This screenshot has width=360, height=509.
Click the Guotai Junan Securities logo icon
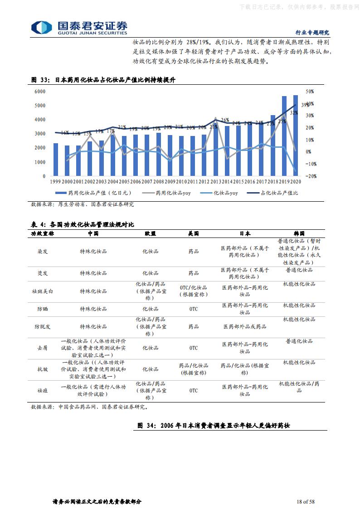[41, 27]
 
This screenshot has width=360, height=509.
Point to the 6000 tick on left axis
[40, 91]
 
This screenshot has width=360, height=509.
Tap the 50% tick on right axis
[310, 91]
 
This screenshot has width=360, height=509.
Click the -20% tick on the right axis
[311, 176]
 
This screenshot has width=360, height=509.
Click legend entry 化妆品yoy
[222, 193]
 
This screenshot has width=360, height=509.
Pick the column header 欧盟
[150, 233]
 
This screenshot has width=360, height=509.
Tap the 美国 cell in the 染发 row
[194, 251]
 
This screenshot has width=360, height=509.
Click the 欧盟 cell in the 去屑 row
[150, 348]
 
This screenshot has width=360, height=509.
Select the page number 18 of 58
[305, 501]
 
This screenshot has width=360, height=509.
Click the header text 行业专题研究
[312, 33]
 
